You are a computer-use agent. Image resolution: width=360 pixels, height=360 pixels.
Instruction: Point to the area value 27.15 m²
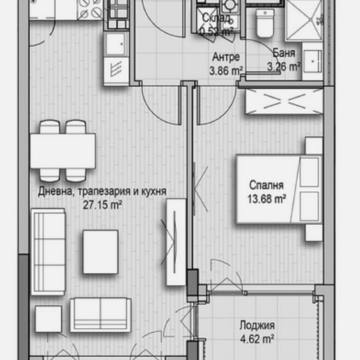pyautogui.click(x=102, y=204)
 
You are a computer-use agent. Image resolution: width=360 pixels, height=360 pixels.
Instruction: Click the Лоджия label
pyautogui.click(x=257, y=325)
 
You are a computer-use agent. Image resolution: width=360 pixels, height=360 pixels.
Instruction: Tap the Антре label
pyautogui.click(x=225, y=58)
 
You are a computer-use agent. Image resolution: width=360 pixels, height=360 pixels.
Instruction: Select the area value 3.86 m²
pyautogui.click(x=226, y=71)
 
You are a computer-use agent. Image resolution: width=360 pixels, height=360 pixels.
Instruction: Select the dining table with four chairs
pyautogui.click(x=63, y=151)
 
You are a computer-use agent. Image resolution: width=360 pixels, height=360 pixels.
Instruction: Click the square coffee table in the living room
pyautogui.click(x=100, y=252)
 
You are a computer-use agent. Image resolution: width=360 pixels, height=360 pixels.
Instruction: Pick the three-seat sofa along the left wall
pyautogui.click(x=48, y=252)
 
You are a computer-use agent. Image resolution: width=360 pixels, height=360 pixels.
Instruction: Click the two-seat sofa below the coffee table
pyautogui.click(x=100, y=314)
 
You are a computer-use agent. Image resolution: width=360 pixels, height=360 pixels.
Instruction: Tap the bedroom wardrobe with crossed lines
pyautogui.click(x=283, y=101)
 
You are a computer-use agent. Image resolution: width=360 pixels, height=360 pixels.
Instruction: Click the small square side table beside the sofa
pyautogui.click(x=48, y=319)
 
